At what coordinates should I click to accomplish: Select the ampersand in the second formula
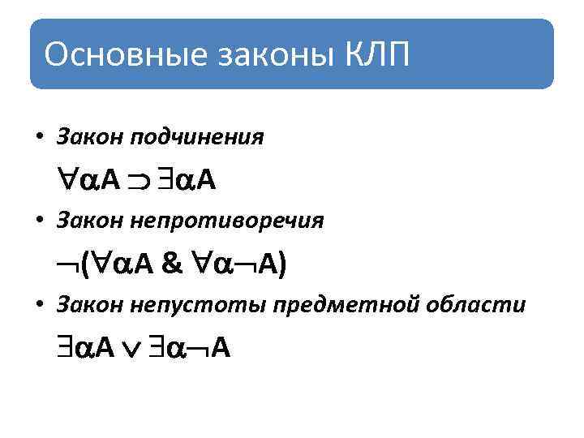pos(172,264)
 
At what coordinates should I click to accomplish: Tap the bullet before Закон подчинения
pos(40,137)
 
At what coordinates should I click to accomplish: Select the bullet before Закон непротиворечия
pos(40,221)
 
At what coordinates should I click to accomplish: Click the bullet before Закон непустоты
pos(40,305)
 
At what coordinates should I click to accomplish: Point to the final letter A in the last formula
pos(221,348)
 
